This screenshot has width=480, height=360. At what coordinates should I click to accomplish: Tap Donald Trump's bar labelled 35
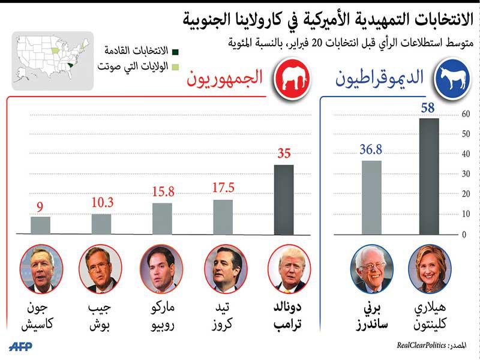point(284,199)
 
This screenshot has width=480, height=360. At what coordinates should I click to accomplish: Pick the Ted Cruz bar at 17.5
point(223,217)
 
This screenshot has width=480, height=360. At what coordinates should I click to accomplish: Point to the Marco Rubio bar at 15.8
point(162,218)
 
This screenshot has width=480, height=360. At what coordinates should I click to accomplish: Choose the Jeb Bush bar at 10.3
point(101,224)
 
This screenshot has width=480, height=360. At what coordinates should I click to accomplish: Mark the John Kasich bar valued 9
point(41,225)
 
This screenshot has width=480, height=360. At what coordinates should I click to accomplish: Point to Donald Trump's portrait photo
point(287,268)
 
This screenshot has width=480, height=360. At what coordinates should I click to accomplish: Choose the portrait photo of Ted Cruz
point(226,268)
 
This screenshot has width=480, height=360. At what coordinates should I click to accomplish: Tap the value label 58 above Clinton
point(429,108)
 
